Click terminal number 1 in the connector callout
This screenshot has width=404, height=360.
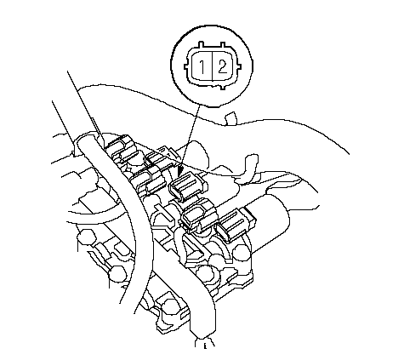tap(202, 67)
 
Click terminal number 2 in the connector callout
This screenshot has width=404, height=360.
tap(222, 67)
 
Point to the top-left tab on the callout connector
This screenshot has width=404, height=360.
tap(202, 45)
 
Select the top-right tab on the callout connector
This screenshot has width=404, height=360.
tap(223, 45)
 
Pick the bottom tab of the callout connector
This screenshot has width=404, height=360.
tap(223, 87)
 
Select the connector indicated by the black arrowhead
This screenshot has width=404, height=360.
tap(188, 187)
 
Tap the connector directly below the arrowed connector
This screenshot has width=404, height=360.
tap(198, 216)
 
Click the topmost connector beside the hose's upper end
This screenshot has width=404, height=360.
tap(122, 148)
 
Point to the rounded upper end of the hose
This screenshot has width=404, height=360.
tap(88, 143)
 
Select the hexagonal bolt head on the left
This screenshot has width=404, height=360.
tap(86, 237)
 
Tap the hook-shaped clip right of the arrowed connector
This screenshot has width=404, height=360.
tap(249, 169)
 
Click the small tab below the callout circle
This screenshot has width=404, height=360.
tap(230, 118)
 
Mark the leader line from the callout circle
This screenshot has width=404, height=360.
tap(190, 137)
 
